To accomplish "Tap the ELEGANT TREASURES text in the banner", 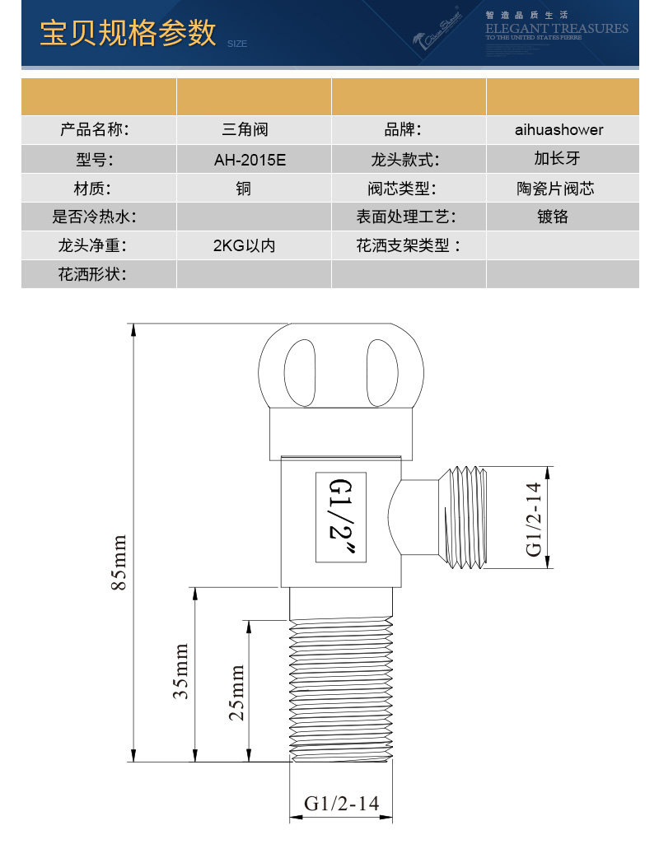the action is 556,29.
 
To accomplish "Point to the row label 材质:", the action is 92,189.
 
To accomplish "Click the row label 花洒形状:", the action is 92,274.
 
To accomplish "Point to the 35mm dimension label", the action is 180,671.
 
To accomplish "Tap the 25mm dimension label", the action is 236,692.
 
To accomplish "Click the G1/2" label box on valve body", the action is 341,517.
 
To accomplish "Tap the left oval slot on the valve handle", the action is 300,372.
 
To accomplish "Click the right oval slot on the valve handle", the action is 382,372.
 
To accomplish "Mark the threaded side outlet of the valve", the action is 463,517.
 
